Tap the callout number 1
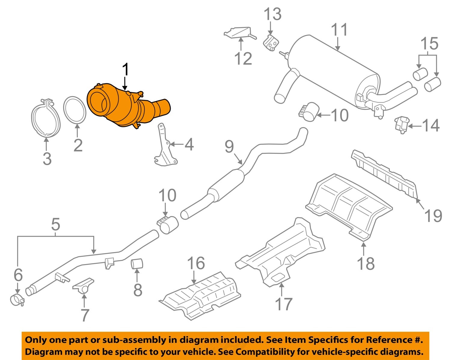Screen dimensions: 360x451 click(125, 70)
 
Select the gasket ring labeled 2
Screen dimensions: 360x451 click(75, 110)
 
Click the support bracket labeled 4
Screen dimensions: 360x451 click(165, 147)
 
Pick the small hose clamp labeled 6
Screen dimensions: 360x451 click(17, 300)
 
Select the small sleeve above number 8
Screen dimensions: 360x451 click(137, 263)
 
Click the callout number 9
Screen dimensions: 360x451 click(229, 146)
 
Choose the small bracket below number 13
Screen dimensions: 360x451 click(271, 42)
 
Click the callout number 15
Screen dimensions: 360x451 click(429, 44)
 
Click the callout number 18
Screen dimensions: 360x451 click(366, 263)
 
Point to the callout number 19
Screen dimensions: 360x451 click(433, 216)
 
